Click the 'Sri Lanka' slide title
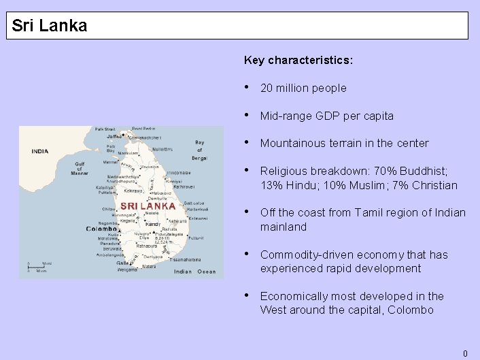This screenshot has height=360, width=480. point(50,26)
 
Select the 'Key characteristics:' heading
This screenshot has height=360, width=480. point(298,60)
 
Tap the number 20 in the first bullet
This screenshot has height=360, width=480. point(267,88)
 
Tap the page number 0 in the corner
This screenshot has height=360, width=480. point(465,353)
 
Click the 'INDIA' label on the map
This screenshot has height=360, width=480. point(40,151)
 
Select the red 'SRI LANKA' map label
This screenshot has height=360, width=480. point(148,206)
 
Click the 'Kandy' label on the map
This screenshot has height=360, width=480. point(153,223)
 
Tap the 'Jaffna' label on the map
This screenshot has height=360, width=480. point(114,136)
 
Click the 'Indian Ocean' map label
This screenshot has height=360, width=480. point(194,272)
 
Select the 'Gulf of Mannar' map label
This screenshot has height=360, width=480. point(80,168)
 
